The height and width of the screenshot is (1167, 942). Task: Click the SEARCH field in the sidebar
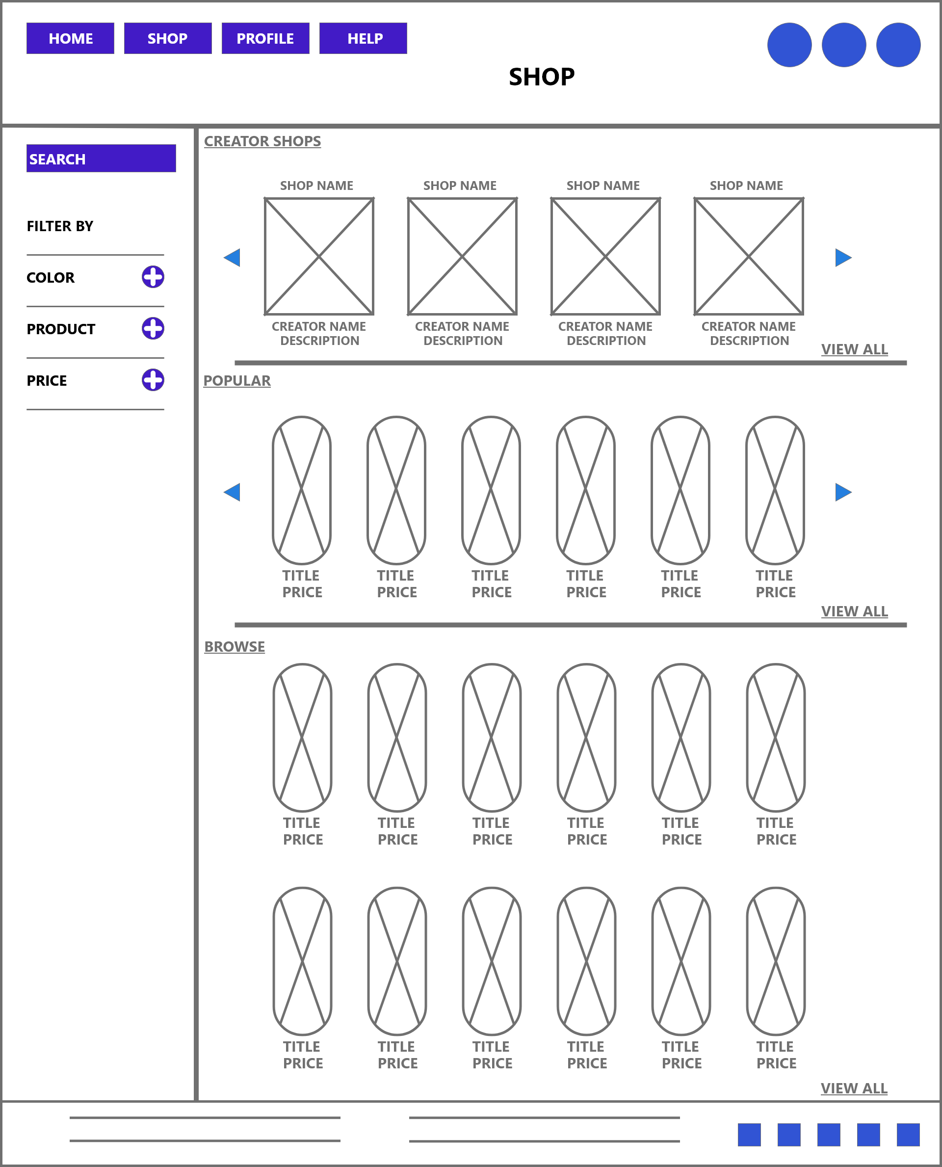pyautogui.click(x=101, y=159)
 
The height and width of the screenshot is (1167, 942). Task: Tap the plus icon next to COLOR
pyautogui.click(x=153, y=277)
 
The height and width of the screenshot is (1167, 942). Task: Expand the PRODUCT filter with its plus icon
pyautogui.click(x=153, y=328)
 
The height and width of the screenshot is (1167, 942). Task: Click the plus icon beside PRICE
pyautogui.click(x=153, y=380)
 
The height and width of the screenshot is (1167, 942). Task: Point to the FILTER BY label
pyautogui.click(x=60, y=226)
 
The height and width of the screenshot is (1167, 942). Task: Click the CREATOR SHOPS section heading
pyautogui.click(x=262, y=141)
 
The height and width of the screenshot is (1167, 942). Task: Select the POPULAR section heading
pyautogui.click(x=236, y=380)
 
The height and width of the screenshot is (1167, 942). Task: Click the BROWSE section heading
pyautogui.click(x=235, y=646)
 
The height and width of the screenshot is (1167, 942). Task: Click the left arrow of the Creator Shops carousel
pyautogui.click(x=232, y=257)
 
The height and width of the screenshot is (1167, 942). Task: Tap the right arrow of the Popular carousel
pyautogui.click(x=843, y=492)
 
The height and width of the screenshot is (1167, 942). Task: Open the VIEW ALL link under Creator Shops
pyautogui.click(x=855, y=349)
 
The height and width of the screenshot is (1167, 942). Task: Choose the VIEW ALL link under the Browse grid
pyautogui.click(x=854, y=1088)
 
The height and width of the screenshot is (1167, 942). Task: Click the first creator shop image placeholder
pyautogui.click(x=319, y=256)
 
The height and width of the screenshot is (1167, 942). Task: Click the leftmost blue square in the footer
pyautogui.click(x=749, y=1135)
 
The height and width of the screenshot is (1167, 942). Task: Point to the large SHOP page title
pyautogui.click(x=542, y=77)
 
